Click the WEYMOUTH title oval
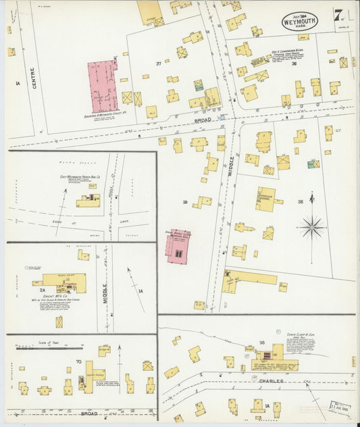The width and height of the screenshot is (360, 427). [x=299, y=20]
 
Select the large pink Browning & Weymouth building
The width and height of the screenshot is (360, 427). [x=103, y=86]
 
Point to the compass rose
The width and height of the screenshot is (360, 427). [x=312, y=227]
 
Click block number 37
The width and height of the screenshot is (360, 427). [x=159, y=64]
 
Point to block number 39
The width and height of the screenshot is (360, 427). [x=184, y=201]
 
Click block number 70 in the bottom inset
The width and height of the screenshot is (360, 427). [x=79, y=362]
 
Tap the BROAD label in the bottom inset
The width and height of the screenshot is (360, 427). [x=88, y=413]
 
